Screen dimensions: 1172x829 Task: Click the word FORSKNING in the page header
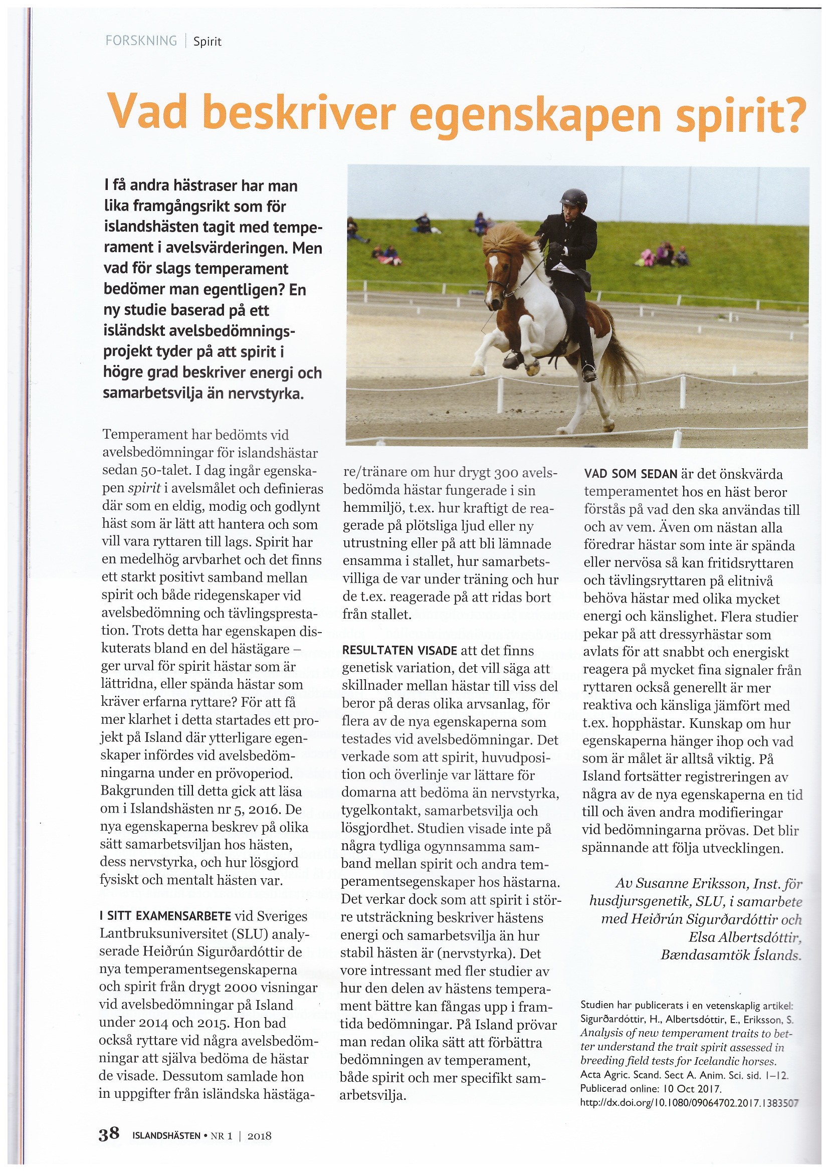pos(141,41)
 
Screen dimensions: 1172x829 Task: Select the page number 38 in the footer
pos(109,1135)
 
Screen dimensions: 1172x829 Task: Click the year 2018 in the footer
pos(259,1136)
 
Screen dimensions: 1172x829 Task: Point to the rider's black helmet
pos(574,197)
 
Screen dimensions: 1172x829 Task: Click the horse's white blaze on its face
pos(492,271)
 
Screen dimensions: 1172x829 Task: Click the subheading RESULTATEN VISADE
pos(399,651)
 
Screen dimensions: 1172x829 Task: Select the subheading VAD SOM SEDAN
pos(631,474)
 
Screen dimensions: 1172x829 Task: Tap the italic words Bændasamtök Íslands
pos(731,955)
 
